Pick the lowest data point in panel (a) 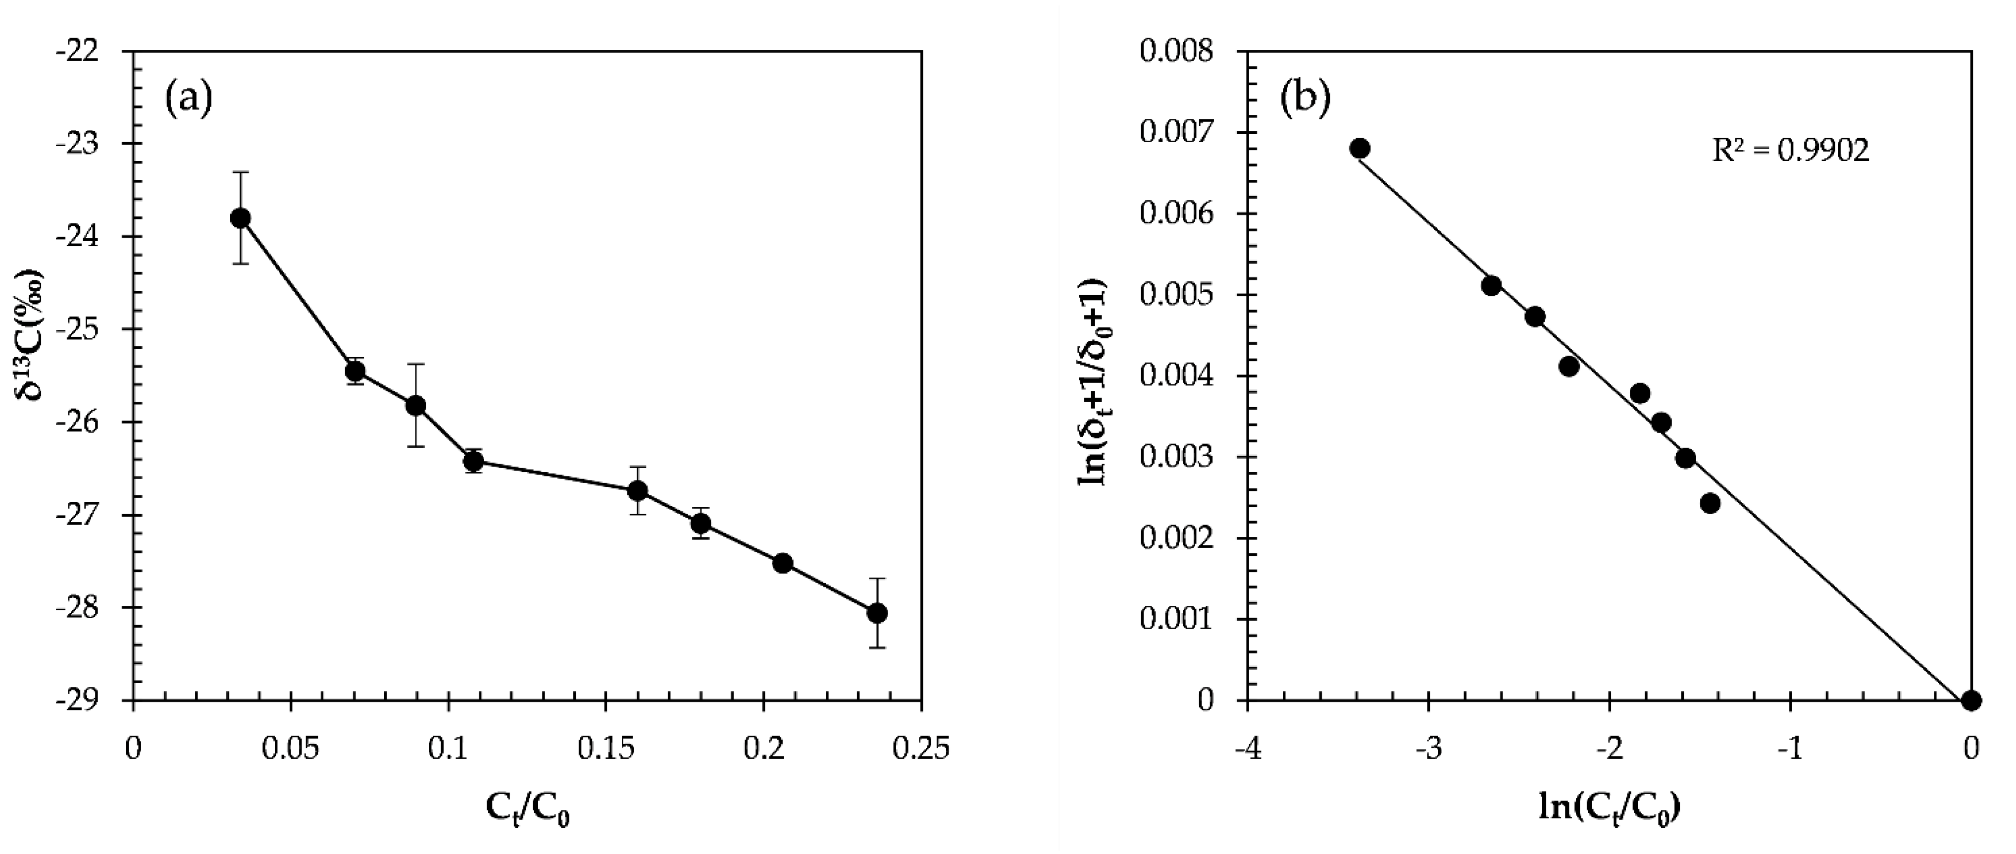[877, 613]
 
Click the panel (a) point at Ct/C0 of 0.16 [638, 491]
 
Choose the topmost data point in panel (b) [1360, 149]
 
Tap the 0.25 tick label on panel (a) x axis [920, 749]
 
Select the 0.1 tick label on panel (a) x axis [448, 749]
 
